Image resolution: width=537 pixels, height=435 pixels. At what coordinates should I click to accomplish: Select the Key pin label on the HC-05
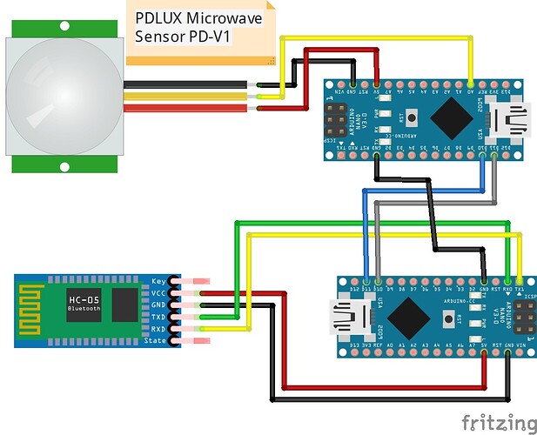[158, 282]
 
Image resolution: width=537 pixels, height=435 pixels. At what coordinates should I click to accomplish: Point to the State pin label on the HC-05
[156, 341]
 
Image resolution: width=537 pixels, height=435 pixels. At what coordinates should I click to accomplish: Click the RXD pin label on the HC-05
[158, 330]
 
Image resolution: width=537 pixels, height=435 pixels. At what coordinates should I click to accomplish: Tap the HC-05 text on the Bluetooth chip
[84, 300]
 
